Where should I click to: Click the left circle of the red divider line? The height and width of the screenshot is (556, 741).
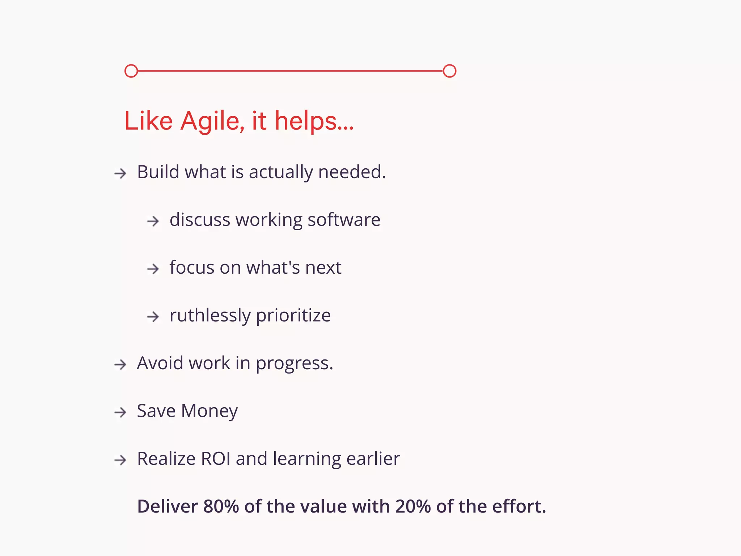131,71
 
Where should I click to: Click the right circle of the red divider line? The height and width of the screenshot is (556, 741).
449,71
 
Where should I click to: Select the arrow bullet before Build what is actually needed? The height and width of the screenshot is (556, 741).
120,173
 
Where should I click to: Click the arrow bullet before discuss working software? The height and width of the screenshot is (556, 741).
153,221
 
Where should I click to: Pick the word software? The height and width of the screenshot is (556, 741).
344,220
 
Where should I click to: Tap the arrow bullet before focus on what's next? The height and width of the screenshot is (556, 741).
153,269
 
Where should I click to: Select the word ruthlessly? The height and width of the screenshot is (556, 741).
210,315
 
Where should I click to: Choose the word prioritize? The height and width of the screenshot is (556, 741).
293,315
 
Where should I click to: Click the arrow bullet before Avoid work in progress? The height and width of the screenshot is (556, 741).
120,365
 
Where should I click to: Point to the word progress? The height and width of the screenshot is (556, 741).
294,363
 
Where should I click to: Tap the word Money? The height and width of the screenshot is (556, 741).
209,411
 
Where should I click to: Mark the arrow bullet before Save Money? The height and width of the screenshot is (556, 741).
120,412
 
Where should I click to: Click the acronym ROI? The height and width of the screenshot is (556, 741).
216,459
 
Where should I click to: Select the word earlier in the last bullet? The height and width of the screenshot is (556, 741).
373,459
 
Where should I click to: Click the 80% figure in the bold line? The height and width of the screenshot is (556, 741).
221,506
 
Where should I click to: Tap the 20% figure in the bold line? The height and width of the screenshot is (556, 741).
413,506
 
